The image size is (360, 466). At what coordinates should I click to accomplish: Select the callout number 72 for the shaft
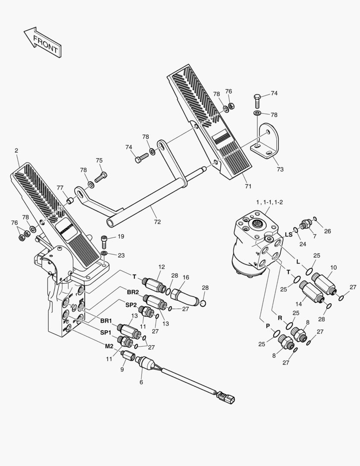pyautogui.click(x=157, y=222)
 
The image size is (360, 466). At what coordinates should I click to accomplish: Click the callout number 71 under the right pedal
pyautogui.click(x=248, y=186)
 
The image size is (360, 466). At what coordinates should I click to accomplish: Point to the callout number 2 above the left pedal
pyautogui.click(x=16, y=151)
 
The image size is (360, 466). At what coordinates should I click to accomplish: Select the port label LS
pyautogui.click(x=289, y=234)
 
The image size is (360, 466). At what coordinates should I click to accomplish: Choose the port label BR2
pyautogui.click(x=132, y=292)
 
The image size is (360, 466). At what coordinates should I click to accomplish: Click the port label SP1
pyautogui.click(x=106, y=333)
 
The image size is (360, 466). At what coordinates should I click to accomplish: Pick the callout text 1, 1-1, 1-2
pyautogui.click(x=269, y=202)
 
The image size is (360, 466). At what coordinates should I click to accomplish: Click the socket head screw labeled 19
pyautogui.click(x=104, y=238)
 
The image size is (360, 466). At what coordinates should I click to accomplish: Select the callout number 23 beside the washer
pyautogui.click(x=121, y=255)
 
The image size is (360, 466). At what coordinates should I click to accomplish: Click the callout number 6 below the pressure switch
pyautogui.click(x=141, y=381)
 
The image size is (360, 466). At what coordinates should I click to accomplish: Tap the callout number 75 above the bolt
pyautogui.click(x=99, y=161)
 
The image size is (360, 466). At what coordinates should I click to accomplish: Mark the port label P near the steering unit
pyautogui.click(x=267, y=326)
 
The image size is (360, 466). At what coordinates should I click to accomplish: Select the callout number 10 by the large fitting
pyautogui.click(x=333, y=268)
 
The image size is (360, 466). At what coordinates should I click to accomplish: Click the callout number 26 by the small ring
pyautogui.click(x=328, y=231)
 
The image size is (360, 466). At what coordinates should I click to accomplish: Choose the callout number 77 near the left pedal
pyautogui.click(x=60, y=188)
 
